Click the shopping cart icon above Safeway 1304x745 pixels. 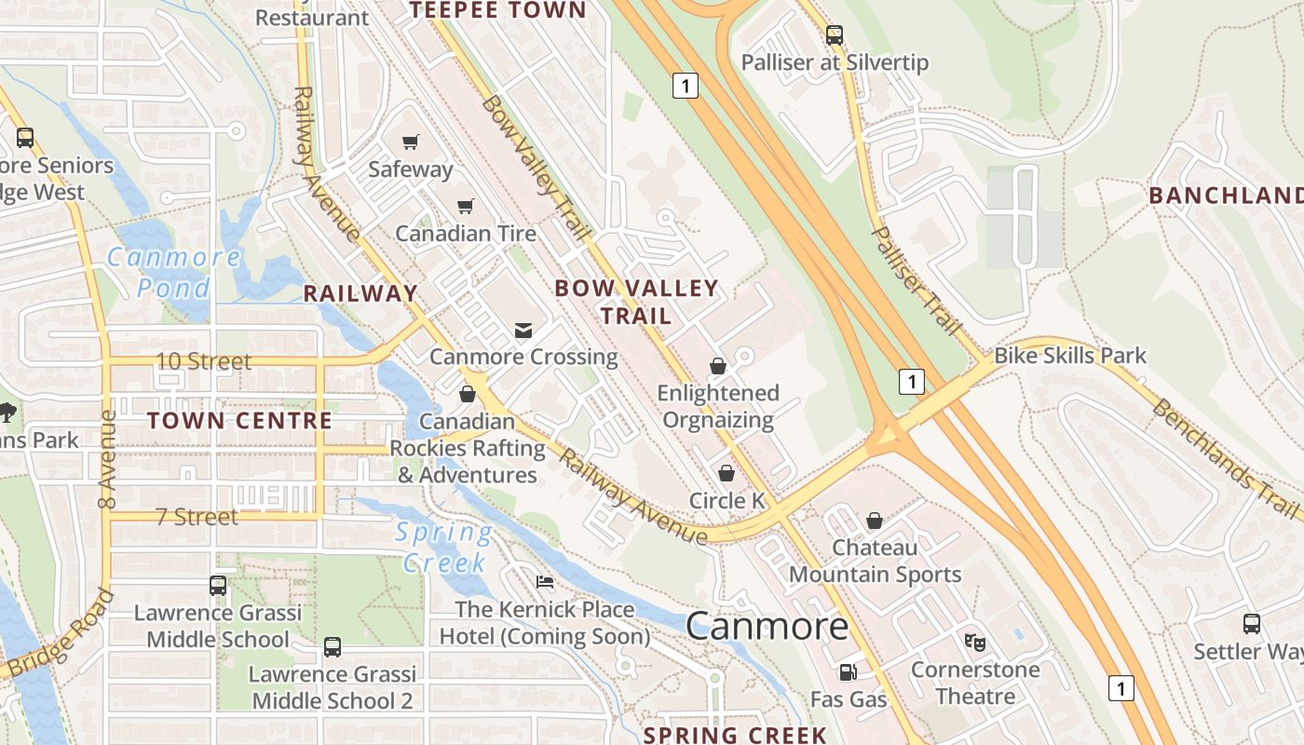pyautogui.click(x=410, y=142)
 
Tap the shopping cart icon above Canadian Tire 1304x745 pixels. pyautogui.click(x=465, y=206)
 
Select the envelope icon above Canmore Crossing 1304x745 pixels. pyautogui.click(x=523, y=331)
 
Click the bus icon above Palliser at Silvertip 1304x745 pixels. pyautogui.click(x=835, y=35)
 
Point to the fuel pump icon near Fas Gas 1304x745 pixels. pyautogui.click(x=848, y=671)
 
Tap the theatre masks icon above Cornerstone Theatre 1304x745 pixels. pyautogui.click(x=975, y=642)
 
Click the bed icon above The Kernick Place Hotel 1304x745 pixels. pyautogui.click(x=545, y=582)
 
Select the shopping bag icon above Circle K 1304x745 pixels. pyautogui.click(x=727, y=473)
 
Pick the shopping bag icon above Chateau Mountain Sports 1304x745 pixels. pyautogui.click(x=875, y=520)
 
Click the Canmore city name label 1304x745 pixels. pyautogui.click(x=767, y=626)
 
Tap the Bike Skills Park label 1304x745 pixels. pyautogui.click(x=1070, y=356)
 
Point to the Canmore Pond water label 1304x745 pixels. pyautogui.click(x=174, y=271)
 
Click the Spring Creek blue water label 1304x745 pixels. pyautogui.click(x=444, y=548)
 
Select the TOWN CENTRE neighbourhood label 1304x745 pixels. pyautogui.click(x=239, y=421)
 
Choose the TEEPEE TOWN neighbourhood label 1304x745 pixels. pyautogui.click(x=498, y=10)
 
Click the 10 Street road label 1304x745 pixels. pyautogui.click(x=203, y=361)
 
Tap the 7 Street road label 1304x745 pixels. pyautogui.click(x=197, y=517)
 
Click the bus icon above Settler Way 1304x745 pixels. pyautogui.click(x=1252, y=624)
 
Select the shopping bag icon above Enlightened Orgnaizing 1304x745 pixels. pyautogui.click(x=717, y=366)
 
